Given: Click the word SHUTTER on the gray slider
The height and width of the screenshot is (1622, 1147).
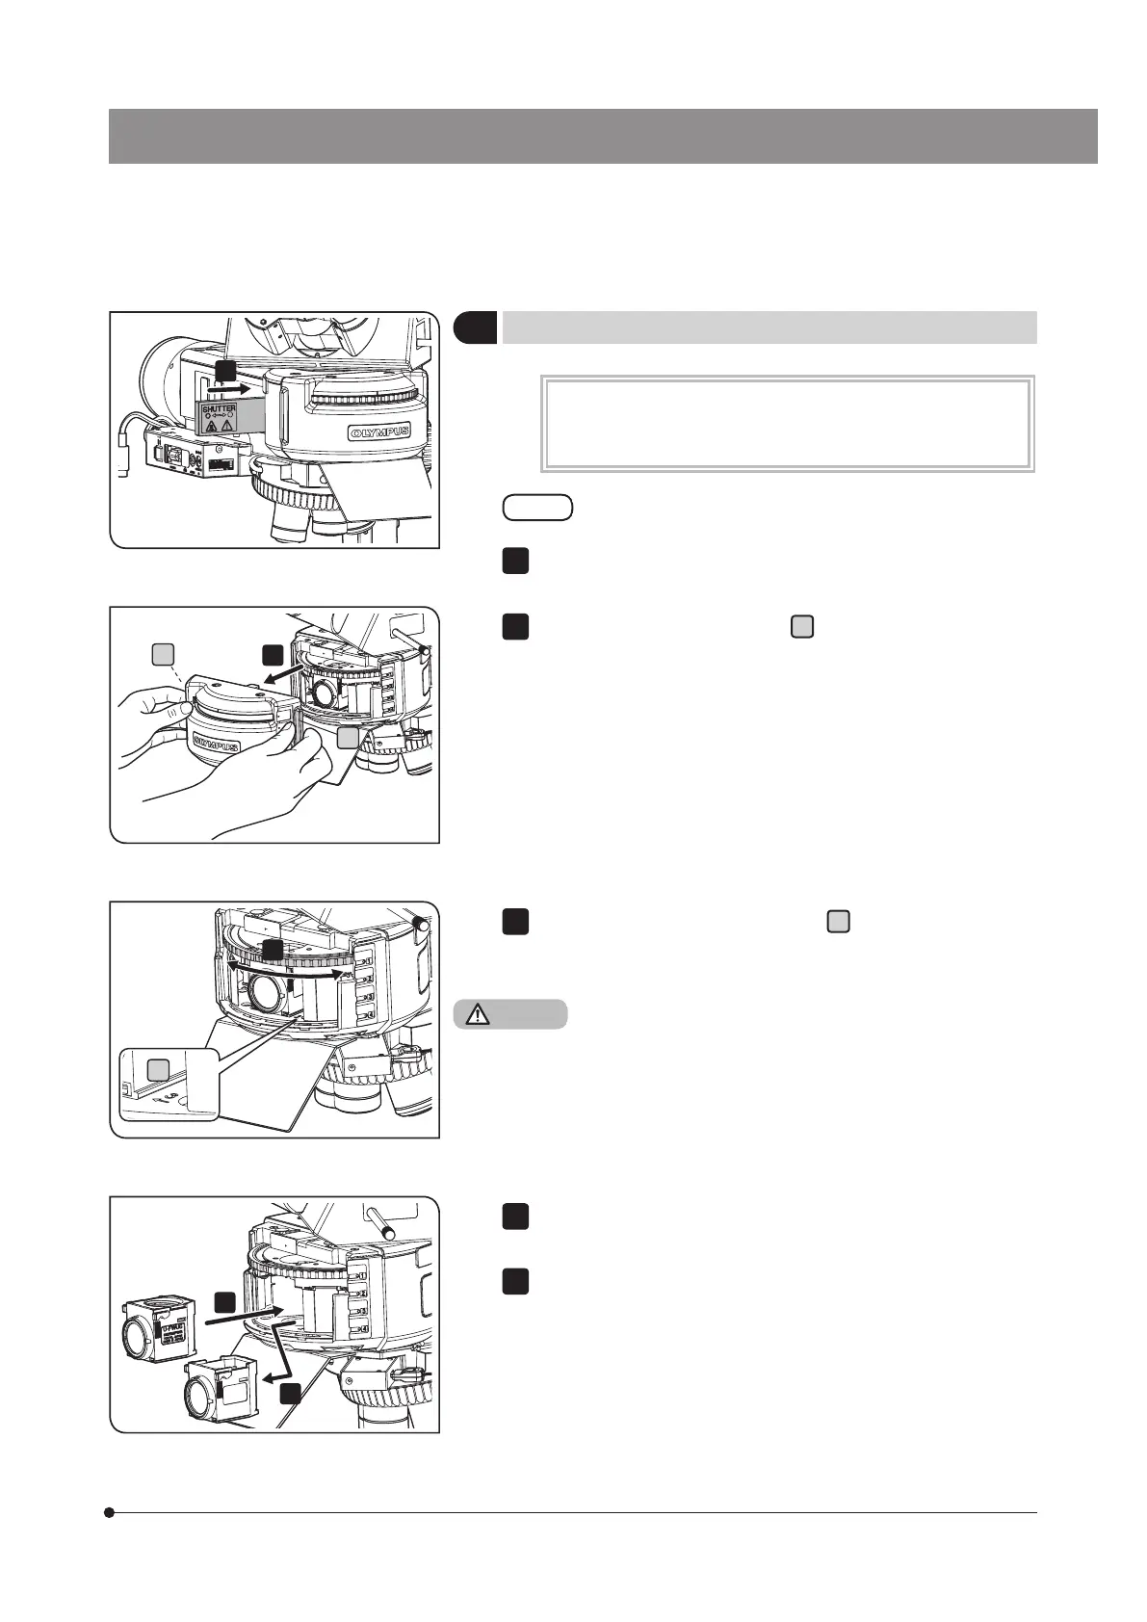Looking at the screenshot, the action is coord(220,409).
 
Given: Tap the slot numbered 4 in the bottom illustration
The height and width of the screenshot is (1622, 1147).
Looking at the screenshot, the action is coord(363,1329).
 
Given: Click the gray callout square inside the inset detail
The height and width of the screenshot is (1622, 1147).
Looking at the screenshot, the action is coord(157,1068).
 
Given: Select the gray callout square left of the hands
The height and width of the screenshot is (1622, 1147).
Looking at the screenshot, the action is coord(164,656).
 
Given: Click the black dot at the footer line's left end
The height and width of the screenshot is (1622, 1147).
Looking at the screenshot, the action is coord(111,1512).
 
